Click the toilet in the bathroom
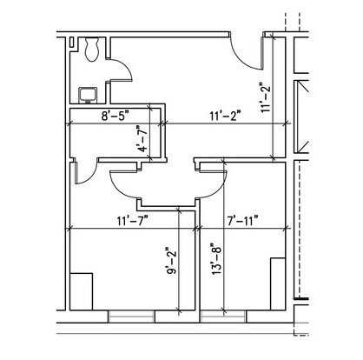92,49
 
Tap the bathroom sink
89,95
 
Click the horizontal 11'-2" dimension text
226,117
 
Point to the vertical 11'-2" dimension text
265,97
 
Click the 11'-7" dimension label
133,221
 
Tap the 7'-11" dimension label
242,221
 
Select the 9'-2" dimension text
171,261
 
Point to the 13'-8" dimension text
216,259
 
